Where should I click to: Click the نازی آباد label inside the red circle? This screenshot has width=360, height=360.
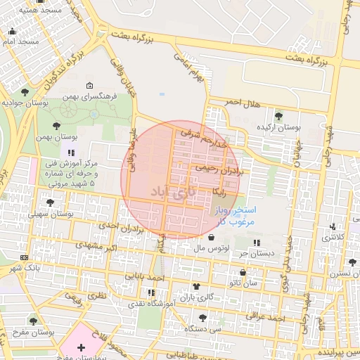pos(170,191)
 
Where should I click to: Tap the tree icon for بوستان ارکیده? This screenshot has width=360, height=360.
pos(278,116)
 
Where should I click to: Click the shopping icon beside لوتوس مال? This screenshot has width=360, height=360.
pos(212,237)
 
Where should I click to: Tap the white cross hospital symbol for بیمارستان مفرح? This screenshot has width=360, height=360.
pos(82,347)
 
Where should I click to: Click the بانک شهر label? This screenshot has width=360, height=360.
pos(23,269)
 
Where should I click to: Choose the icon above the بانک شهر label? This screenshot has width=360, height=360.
pos(25,257)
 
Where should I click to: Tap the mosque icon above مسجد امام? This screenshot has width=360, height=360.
pos(12,31)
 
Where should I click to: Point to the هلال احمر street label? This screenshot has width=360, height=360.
pos(242,103)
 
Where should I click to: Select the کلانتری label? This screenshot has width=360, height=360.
pos(335,237)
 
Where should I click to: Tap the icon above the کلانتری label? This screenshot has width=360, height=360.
pos(332,226)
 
